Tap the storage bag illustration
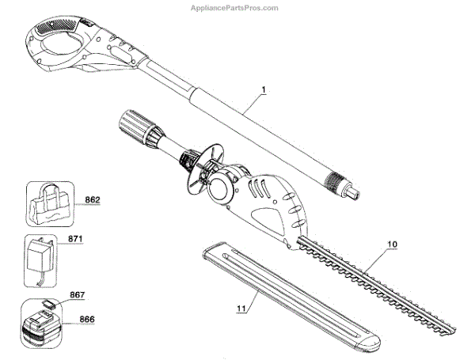[51, 203]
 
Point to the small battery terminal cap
[49, 302]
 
